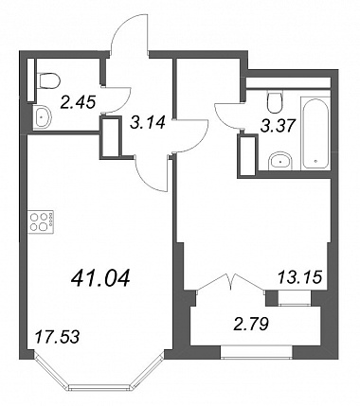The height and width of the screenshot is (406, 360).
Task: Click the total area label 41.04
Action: [x=100, y=278]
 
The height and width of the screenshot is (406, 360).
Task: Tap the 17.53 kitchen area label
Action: [x=57, y=337]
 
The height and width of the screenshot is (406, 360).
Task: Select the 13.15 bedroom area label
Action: [x=299, y=277]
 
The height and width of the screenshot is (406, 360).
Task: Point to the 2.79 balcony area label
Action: [x=251, y=324]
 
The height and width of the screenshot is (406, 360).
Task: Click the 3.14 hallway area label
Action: [x=148, y=122]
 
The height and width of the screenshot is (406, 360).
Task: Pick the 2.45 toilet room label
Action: [x=79, y=102]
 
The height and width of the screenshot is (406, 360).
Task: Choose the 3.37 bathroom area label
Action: [x=279, y=126]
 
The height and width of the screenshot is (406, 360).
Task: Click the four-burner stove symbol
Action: [x=42, y=222]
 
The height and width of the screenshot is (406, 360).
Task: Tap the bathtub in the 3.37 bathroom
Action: [x=315, y=132]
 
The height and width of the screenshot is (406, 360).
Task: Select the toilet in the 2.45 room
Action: [x=48, y=80]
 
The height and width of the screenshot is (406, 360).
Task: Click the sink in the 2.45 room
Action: [x=42, y=117]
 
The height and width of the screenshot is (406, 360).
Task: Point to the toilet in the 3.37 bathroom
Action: [x=274, y=101]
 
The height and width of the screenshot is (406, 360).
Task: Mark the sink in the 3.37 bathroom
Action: [x=280, y=162]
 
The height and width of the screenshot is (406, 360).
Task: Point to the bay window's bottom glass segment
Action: [x=100, y=386]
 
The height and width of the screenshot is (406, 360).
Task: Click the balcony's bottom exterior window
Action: [x=256, y=352]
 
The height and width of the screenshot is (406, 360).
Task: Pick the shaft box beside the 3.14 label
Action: [x=111, y=137]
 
